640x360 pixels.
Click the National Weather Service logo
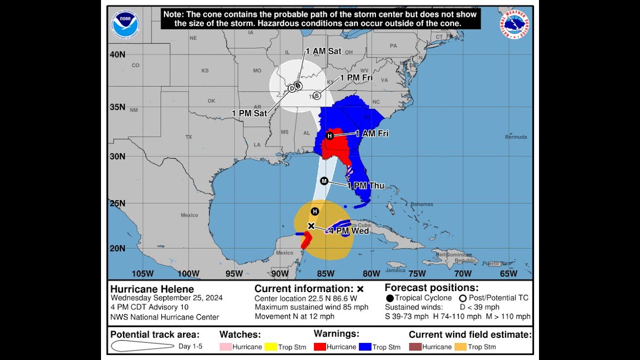pos(514,24)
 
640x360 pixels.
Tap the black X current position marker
pos(311,226)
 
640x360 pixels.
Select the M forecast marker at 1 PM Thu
pos(324,181)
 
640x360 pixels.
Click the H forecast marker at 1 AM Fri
pos(329,136)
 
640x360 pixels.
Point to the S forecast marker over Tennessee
pos(316,95)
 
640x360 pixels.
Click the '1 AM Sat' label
pos(323,51)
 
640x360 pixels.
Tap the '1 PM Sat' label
pos(249,113)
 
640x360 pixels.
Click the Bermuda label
pos(515,137)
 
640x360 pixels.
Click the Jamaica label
pos(395,270)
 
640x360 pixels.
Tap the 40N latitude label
pos(117,54)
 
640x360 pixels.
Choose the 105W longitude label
pos(142,273)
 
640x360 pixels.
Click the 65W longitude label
pos(508,273)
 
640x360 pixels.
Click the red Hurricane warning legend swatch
pos(320,346)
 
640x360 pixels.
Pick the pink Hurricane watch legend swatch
pos(226,346)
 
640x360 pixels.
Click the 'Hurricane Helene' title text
pos(152,289)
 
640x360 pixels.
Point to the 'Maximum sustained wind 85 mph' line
pos(311,307)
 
